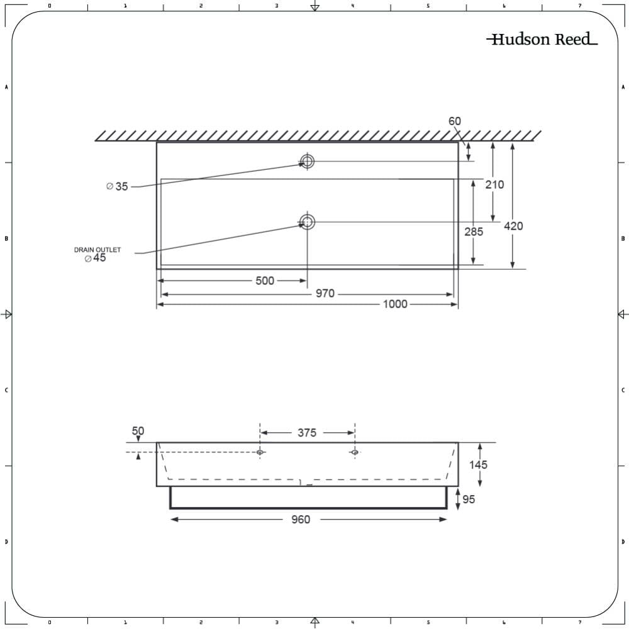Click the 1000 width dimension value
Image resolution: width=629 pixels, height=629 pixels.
395,304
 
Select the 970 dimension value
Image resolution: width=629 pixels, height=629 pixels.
325,294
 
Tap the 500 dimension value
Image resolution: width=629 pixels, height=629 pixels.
265,281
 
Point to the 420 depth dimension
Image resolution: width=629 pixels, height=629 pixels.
513,226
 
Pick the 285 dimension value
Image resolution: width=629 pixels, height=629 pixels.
474,231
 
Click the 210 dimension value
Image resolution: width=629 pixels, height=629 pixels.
494,184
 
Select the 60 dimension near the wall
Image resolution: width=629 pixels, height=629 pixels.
455,121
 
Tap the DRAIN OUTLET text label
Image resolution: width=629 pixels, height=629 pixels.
97,250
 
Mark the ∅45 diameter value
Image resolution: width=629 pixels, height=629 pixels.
96,258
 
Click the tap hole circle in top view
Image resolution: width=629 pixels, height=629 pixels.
307,162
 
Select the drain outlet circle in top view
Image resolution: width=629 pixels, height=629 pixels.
307,222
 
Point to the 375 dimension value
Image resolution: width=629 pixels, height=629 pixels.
307,433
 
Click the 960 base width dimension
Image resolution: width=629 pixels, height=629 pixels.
301,520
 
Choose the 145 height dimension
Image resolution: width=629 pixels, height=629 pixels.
477,465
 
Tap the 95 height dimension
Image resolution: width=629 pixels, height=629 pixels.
469,499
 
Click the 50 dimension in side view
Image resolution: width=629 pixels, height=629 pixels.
138,431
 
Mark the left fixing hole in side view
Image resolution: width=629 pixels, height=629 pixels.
260,452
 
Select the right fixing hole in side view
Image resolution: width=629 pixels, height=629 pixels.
355,452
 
